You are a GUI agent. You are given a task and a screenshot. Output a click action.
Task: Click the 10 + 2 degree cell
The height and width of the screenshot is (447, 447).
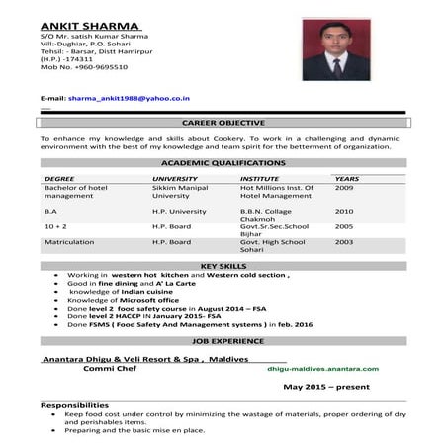55,226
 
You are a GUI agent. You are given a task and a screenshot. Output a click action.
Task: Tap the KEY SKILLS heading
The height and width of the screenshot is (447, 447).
223,266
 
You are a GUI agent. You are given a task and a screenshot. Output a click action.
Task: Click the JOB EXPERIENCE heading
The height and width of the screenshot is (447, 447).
223,339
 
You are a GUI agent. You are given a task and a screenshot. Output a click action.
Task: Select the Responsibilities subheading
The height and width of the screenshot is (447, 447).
74,405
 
